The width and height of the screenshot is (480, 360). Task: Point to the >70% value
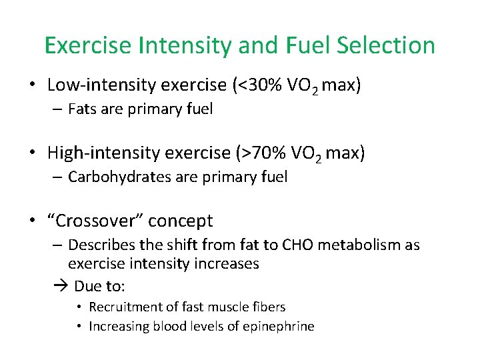pos(261,153)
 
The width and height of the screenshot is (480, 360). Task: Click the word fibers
pos(269,307)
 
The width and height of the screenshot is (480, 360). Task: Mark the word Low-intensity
pos(89,85)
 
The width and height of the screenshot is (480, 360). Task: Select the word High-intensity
pos(91,153)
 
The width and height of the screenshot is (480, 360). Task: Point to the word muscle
pos(229,307)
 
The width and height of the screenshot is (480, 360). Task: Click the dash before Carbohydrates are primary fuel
pos(58,177)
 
